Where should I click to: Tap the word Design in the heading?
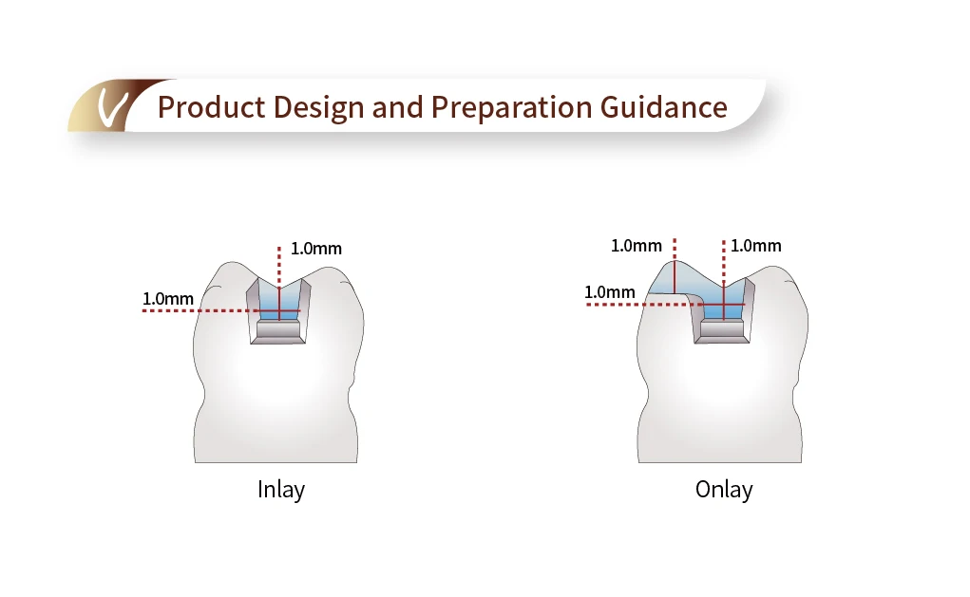tap(320, 107)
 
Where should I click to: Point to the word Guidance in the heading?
tap(664, 107)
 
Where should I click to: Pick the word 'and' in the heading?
tap(399, 107)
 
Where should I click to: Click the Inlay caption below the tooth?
tap(281, 490)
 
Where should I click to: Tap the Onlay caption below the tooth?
tap(724, 490)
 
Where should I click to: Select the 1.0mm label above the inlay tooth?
tap(316, 249)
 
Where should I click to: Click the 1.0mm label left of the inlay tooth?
tap(168, 299)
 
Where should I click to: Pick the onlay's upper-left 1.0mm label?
tap(636, 246)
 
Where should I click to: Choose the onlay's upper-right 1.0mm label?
tap(756, 246)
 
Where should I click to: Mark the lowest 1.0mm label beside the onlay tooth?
tap(609, 292)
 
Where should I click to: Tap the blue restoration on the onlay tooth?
tap(703, 290)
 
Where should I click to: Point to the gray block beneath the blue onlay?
tap(723, 329)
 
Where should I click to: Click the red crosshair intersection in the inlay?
tap(278, 310)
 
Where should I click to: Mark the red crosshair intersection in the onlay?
tap(724, 304)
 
